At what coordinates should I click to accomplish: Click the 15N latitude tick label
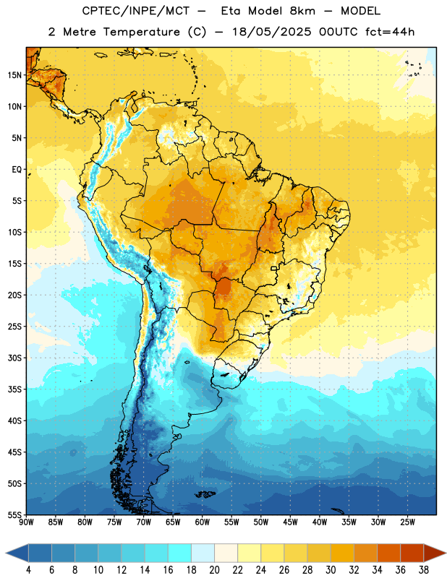coord(14,75)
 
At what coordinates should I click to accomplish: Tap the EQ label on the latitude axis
coord(17,170)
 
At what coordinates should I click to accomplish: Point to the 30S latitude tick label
coord(14,358)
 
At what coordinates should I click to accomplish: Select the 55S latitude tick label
coord(14,515)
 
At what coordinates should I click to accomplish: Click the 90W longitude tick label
coord(26,522)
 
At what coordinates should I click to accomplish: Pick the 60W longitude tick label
coord(203,522)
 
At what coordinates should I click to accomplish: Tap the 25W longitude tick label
coord(407,522)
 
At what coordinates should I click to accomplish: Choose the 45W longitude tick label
coord(290,522)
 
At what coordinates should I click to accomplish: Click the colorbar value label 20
coord(214,570)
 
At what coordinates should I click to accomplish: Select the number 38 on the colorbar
coord(424,570)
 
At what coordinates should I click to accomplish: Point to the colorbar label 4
coord(28,570)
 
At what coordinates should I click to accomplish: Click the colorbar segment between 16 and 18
coord(180,553)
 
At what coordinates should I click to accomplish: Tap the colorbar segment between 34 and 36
coord(389,553)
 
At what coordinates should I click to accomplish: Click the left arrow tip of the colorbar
coord(6,553)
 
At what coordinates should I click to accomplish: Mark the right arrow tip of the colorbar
coord(446,553)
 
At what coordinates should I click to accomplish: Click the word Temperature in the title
coord(141,32)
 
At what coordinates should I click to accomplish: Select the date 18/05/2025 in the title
coord(272,32)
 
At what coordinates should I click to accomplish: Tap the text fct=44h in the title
coord(390,32)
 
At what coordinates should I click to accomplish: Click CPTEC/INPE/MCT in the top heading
coord(136,11)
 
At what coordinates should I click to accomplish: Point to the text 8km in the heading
coord(302,11)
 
